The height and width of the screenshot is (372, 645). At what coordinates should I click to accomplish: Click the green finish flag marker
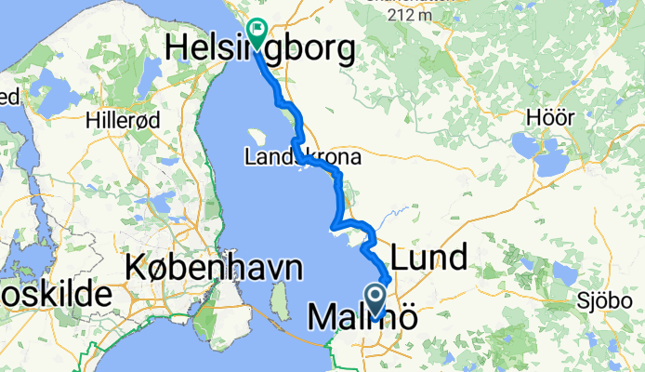coord(256,29)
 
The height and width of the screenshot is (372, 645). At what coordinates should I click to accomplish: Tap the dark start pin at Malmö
coord(376,299)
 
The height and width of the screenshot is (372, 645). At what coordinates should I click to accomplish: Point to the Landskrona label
coord(302,158)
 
